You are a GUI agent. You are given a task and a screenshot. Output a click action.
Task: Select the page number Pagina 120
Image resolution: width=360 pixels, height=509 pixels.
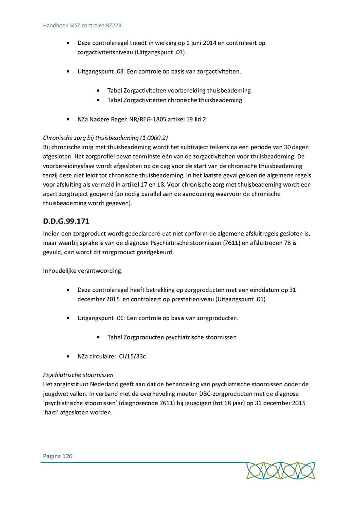pos(58,456)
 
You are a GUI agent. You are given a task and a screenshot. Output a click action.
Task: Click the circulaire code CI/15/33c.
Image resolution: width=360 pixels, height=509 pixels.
pos(133,356)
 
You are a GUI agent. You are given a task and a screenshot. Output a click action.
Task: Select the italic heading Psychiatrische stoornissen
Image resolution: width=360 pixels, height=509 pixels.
pos(78,375)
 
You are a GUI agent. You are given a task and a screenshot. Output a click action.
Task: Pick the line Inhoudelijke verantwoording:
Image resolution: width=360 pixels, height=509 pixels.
pos(83,271)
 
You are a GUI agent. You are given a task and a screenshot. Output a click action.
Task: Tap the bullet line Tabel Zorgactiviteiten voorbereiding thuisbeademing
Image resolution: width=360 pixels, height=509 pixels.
pos(179,91)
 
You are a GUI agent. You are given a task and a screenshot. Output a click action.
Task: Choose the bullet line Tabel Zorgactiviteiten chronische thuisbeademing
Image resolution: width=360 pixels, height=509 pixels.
pos(174,100)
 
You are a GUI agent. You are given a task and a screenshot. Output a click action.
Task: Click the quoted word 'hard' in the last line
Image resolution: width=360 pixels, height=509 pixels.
pos(51,413)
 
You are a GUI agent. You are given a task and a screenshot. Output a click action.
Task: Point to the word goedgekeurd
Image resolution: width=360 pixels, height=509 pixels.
pos(156,252)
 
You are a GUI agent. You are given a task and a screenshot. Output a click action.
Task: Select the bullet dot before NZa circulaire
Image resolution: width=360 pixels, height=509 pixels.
pos(70,356)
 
